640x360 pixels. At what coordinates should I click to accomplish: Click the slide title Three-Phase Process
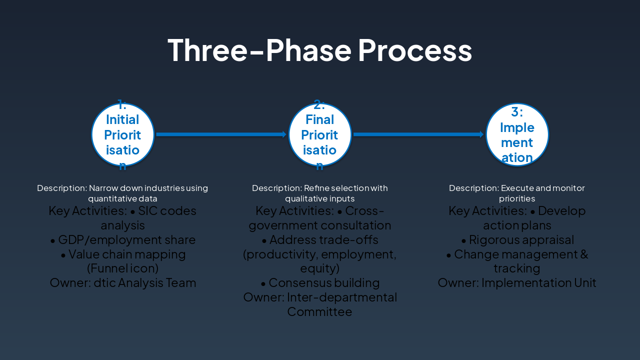320,50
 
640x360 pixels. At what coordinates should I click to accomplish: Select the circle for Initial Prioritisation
122,134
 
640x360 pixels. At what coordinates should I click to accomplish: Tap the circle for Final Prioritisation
320,134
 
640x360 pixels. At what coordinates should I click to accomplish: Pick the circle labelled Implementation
517,134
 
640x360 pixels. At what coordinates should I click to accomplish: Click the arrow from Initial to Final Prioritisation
220,134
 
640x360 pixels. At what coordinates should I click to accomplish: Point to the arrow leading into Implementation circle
418,134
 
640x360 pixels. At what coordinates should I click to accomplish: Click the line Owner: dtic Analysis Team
123,283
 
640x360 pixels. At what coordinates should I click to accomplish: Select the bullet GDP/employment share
123,240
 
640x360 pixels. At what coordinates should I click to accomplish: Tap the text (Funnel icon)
123,268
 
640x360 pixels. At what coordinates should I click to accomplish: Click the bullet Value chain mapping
123,254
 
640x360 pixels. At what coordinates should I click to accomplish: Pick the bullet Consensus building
320,283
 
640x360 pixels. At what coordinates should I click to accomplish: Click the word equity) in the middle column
320,268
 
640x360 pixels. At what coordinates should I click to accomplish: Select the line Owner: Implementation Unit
517,283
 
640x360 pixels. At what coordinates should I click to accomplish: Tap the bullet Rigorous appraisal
517,240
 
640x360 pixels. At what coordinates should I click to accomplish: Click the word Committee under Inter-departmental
320,312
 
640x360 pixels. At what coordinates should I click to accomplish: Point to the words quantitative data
123,198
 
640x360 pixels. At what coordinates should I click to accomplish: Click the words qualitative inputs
320,198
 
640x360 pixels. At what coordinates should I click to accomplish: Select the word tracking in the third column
517,268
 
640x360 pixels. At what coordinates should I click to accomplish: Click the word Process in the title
414,50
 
